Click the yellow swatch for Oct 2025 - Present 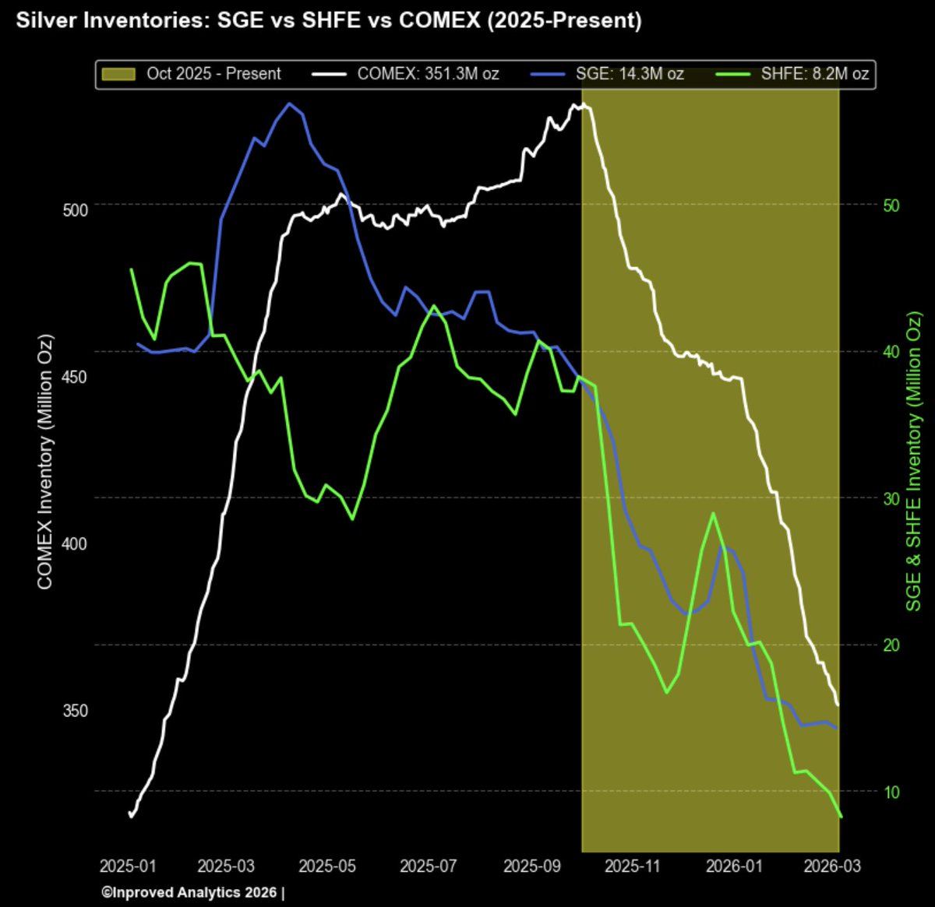click(118, 74)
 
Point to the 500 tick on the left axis click(75, 209)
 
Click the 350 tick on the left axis click(75, 711)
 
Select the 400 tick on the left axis click(75, 543)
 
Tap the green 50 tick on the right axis click(891, 205)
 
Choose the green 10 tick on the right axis click(891, 792)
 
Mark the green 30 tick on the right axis click(891, 498)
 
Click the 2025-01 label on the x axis click(129, 866)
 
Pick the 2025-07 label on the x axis click(429, 866)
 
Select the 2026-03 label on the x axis click(832, 866)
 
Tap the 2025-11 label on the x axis click(632, 866)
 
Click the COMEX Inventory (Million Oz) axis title click(44, 462)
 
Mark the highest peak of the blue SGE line click(290, 104)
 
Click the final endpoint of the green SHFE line click(841, 816)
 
